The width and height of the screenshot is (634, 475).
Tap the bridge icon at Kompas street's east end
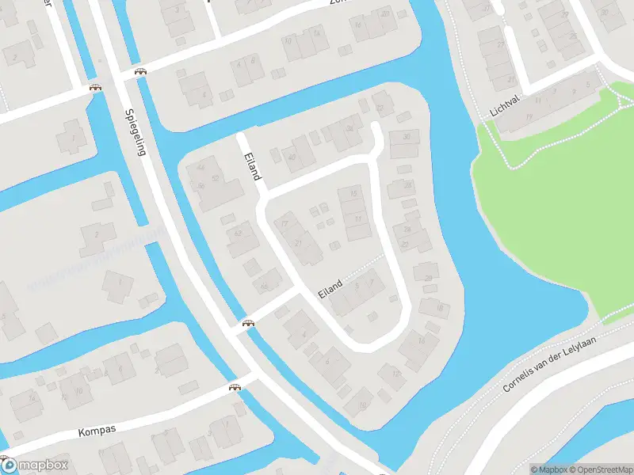(235, 387)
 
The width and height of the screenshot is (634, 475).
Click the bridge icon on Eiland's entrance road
(248, 322)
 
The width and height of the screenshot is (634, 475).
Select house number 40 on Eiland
(292, 156)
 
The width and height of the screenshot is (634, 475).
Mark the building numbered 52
(215, 179)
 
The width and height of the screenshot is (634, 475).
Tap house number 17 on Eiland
(285, 224)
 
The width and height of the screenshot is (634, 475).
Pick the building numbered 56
(201, 186)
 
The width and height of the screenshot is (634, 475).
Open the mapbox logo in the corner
(35, 465)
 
